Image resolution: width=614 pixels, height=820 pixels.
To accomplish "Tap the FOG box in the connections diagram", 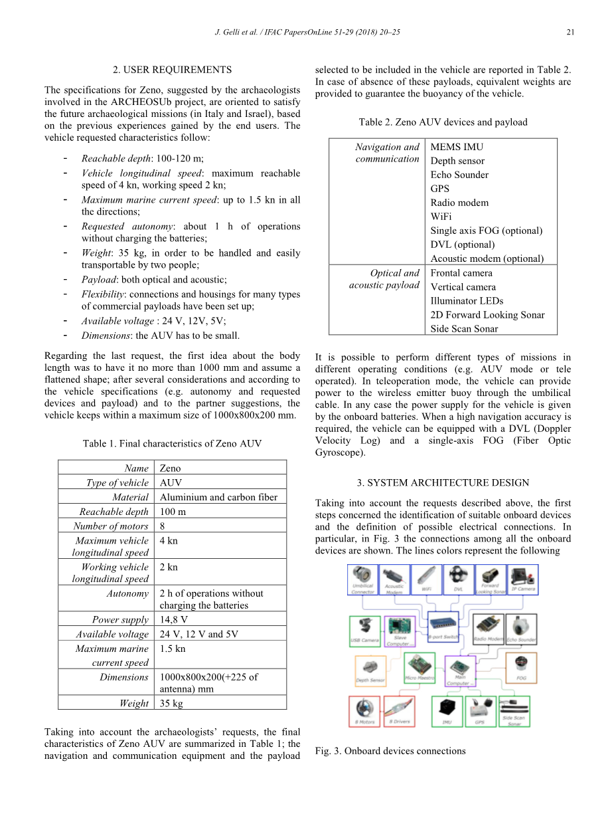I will click(521, 668).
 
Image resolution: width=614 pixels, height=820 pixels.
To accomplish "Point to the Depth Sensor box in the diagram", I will click(370, 671).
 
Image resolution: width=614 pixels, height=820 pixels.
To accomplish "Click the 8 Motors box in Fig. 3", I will click(364, 711).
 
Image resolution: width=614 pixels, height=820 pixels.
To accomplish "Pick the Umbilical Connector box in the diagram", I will click(363, 579).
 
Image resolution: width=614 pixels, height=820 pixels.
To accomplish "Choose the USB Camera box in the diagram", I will click(364, 631).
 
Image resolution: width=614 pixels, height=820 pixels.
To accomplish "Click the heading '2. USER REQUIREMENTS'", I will click(172, 69).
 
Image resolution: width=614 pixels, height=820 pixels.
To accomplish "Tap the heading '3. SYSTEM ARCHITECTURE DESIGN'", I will click(443, 482).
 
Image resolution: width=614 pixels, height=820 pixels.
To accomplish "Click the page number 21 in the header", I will click(570, 32).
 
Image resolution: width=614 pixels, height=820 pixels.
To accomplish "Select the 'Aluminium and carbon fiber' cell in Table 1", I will click(218, 497).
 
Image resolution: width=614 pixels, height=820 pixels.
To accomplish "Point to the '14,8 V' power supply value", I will click(174, 619).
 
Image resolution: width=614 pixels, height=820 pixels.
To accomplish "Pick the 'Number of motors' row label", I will click(111, 526).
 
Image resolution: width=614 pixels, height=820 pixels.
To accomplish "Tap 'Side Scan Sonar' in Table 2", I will click(464, 328).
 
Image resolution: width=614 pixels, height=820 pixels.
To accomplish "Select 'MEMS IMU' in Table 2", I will click(457, 147).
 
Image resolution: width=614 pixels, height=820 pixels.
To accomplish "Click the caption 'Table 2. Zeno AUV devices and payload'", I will click(443, 122).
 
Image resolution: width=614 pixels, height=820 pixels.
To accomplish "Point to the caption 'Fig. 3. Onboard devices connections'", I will click(390, 751).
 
